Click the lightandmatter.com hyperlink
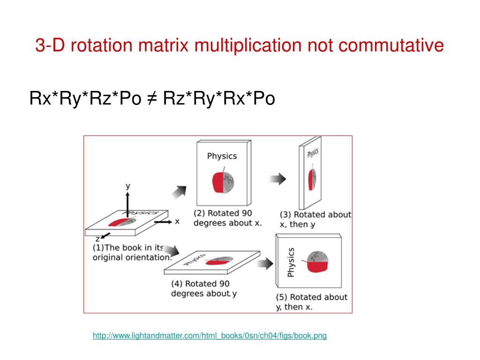point(210,336)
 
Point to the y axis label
point(127,186)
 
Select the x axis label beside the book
point(177,221)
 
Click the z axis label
point(97,239)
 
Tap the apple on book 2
point(223,181)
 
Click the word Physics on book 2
point(222,156)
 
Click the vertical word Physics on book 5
point(291,262)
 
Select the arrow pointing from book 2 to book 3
point(278,179)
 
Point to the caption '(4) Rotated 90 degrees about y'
point(204,289)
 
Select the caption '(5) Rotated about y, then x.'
point(312,302)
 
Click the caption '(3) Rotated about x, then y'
point(315,219)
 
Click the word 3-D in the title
point(48,46)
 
